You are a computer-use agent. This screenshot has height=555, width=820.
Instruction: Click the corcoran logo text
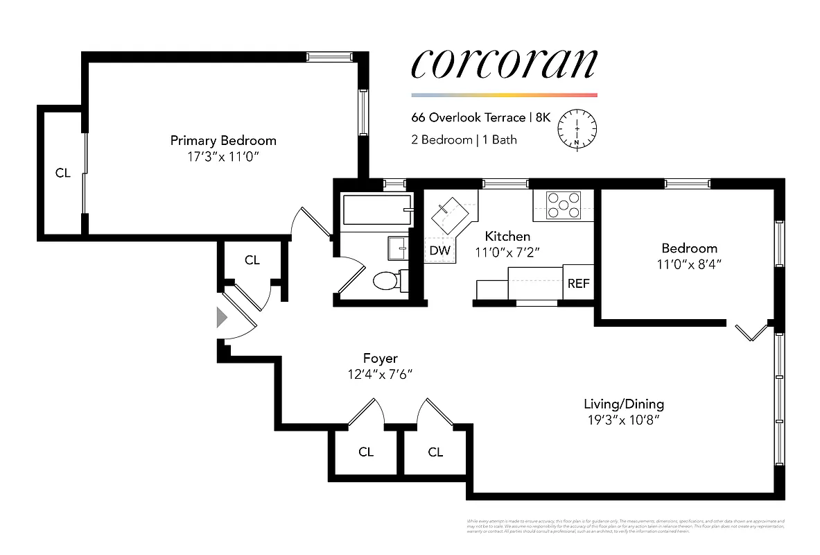tap(504, 65)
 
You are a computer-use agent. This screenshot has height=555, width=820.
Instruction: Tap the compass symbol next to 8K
tap(577, 128)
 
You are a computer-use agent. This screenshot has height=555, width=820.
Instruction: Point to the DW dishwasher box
tap(439, 250)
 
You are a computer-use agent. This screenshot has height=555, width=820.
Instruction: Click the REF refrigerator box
tap(578, 283)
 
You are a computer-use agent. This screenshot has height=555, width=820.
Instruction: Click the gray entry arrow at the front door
tap(222, 318)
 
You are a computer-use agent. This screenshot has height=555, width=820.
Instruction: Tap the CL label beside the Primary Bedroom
tap(62, 173)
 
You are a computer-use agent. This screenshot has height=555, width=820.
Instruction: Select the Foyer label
tap(380, 358)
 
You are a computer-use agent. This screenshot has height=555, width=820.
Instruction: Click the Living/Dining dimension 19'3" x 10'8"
tap(623, 420)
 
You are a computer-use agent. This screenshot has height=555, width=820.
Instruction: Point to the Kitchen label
tap(507, 237)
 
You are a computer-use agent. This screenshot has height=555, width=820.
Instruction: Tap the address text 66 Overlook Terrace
tap(468, 118)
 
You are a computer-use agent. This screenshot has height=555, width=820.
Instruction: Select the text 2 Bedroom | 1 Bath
tap(464, 139)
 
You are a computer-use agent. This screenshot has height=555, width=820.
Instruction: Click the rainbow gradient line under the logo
tap(504, 95)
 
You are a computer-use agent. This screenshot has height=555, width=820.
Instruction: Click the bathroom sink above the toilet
tap(397, 246)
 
